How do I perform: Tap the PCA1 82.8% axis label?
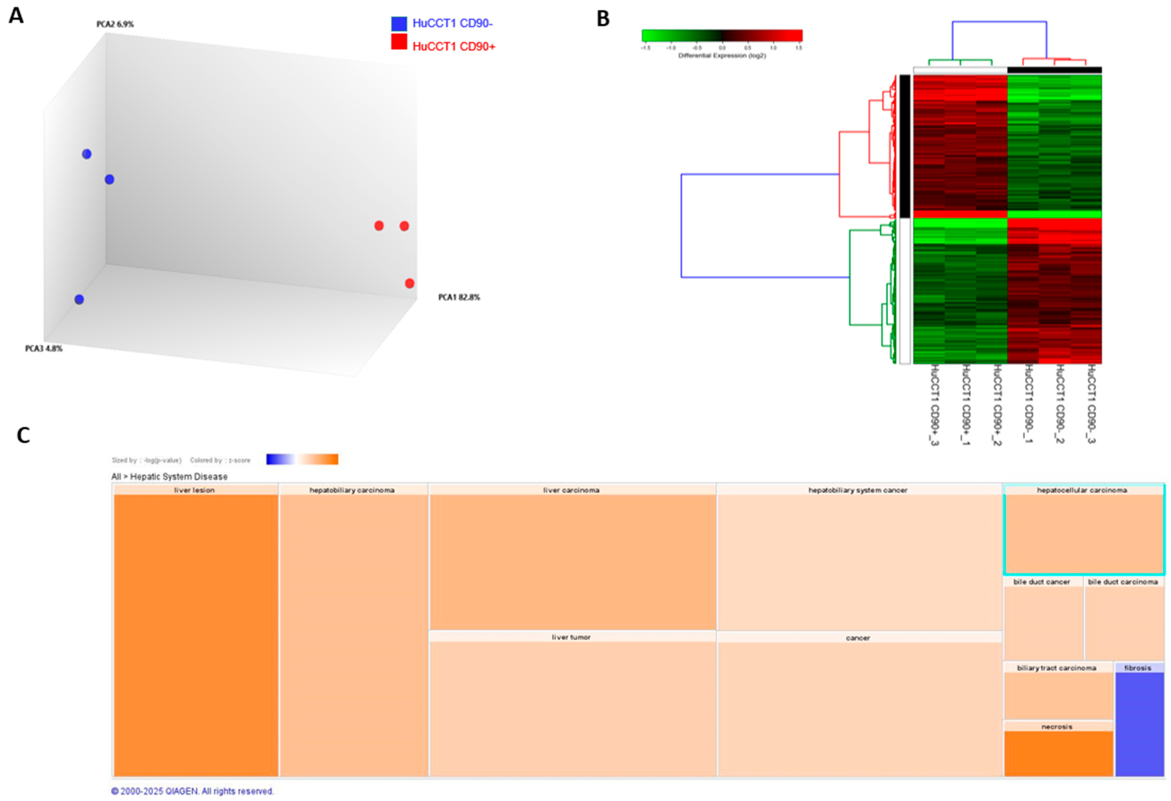458,297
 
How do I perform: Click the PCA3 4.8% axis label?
44,348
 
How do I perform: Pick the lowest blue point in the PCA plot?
79,299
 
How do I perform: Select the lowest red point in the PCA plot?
410,283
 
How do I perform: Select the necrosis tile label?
1057,726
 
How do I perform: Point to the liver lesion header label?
194,490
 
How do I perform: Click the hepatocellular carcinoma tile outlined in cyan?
1083,532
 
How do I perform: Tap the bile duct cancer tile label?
1041,582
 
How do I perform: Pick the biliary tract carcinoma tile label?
1056,668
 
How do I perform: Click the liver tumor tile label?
571,637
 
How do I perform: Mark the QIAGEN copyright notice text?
192,791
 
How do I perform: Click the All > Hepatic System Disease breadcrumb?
169,476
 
